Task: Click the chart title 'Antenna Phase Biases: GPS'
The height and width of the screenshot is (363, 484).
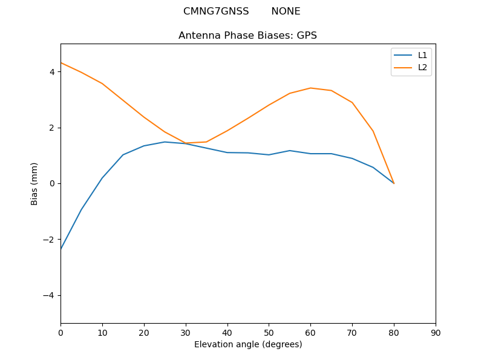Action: pyautogui.click(x=247, y=36)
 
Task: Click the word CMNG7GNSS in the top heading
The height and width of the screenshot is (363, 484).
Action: pyautogui.click(x=216, y=11)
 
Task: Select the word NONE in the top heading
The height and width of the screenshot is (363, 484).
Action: pyautogui.click(x=286, y=11)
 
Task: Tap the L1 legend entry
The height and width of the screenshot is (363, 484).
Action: pyautogui.click(x=422, y=55)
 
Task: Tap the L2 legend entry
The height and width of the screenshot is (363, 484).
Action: pyautogui.click(x=422, y=67)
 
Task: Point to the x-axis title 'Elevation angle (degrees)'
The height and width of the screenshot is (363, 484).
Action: pyautogui.click(x=247, y=344)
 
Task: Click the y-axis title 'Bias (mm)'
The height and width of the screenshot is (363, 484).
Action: pyautogui.click(x=34, y=183)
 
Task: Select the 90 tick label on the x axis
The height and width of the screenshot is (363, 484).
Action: pyautogui.click(x=436, y=332)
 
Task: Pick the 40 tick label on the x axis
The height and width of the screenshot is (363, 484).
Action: pyautogui.click(x=227, y=332)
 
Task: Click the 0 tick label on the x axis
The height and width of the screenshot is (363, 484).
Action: pyautogui.click(x=60, y=332)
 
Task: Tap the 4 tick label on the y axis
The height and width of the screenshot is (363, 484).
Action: pyautogui.click(x=52, y=71)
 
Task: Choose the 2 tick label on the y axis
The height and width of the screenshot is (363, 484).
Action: pyautogui.click(x=52, y=128)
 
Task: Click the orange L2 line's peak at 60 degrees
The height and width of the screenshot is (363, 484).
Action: pyautogui.click(x=310, y=88)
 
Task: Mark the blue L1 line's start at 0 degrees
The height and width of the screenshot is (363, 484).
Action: pyautogui.click(x=61, y=249)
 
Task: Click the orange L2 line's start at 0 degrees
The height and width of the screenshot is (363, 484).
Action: pyautogui.click(x=61, y=63)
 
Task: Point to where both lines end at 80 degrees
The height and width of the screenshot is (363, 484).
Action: pyautogui.click(x=394, y=183)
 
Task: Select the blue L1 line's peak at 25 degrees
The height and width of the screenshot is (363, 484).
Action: pyautogui.click(x=165, y=142)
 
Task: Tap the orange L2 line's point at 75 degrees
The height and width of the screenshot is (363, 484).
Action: pyautogui.click(x=373, y=131)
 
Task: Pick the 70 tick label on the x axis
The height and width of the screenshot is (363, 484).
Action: pyautogui.click(x=352, y=332)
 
